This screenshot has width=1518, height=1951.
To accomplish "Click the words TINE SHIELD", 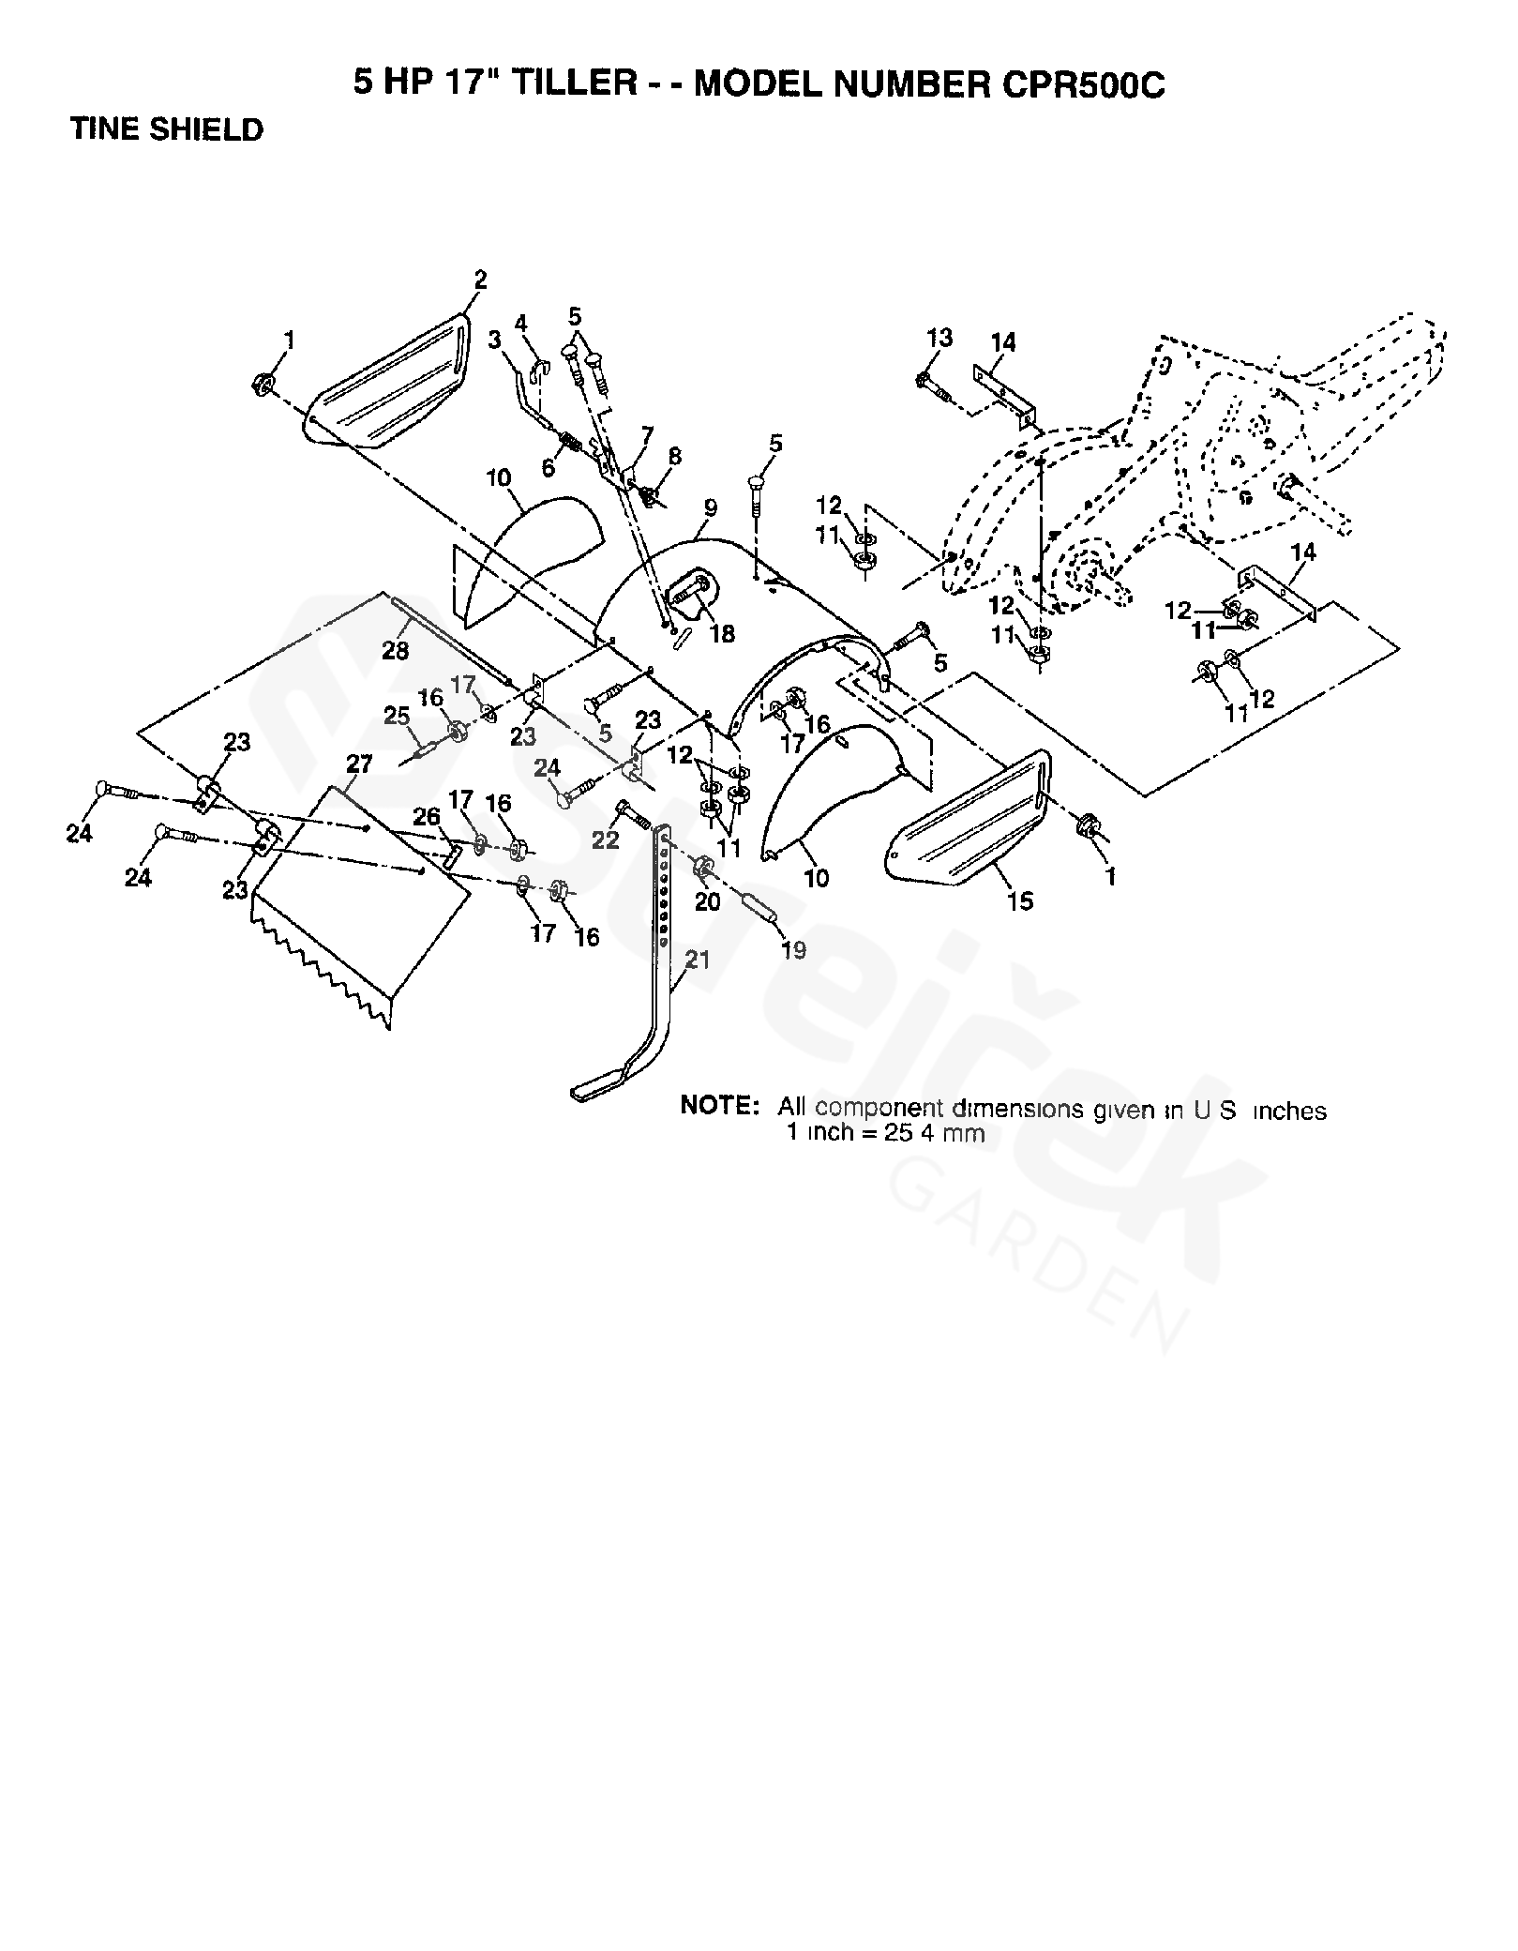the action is (x=167, y=129).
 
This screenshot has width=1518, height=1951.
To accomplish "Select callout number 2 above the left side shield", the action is (x=480, y=280).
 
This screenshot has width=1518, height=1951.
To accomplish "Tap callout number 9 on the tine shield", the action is (x=711, y=507).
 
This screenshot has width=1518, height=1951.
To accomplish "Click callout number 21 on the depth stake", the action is (x=698, y=960).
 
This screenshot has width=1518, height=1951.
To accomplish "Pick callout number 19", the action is (x=793, y=950).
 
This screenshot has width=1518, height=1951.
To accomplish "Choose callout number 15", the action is (x=1019, y=900).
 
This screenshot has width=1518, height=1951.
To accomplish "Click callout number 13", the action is (x=939, y=337).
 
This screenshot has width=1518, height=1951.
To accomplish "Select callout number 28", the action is (x=396, y=650).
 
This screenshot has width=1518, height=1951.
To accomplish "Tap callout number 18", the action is (x=722, y=634).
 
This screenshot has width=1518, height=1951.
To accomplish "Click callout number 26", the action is (x=427, y=817).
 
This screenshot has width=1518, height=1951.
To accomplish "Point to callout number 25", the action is (x=397, y=717).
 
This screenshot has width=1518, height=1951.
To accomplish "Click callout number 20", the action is (x=707, y=901).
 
